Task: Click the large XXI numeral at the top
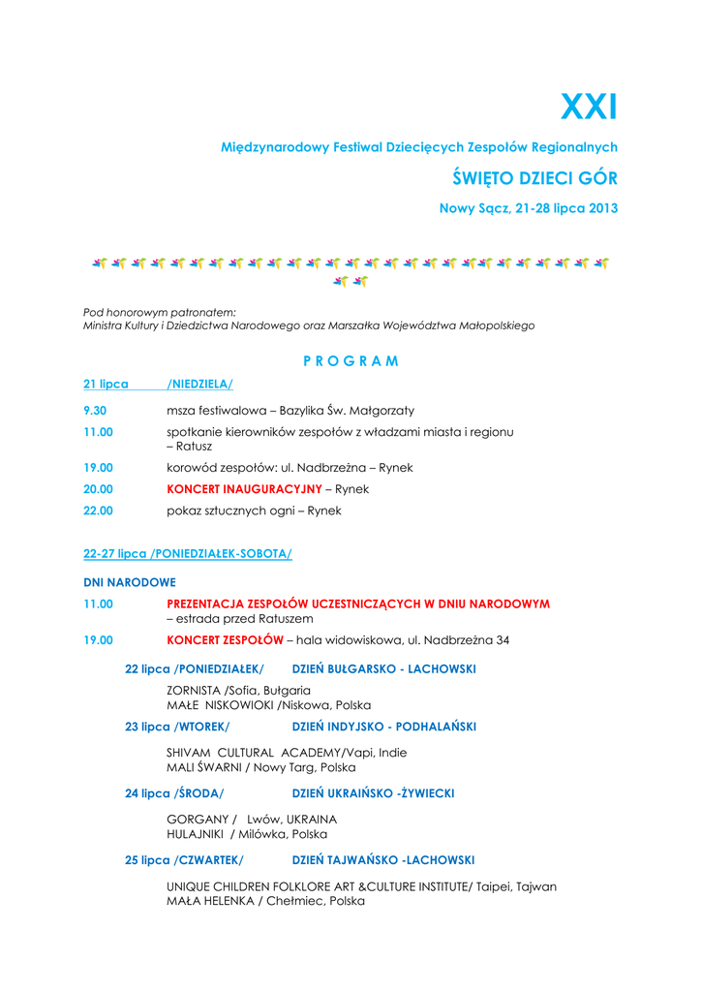coord(589,108)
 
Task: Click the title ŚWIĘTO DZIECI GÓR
coord(535,178)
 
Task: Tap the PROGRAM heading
coord(351,361)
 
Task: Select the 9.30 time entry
coord(95,411)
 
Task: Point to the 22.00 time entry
coord(98,511)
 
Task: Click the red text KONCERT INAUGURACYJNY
coord(244,489)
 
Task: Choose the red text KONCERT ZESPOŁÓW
coord(225,640)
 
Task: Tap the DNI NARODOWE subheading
coord(130,582)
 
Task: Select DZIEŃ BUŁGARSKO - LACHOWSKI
coord(383,669)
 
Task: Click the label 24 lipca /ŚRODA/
coord(174,793)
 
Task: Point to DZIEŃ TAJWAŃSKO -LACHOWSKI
coord(383,860)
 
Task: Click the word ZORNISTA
coord(194,690)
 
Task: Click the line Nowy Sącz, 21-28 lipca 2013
coord(529,208)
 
